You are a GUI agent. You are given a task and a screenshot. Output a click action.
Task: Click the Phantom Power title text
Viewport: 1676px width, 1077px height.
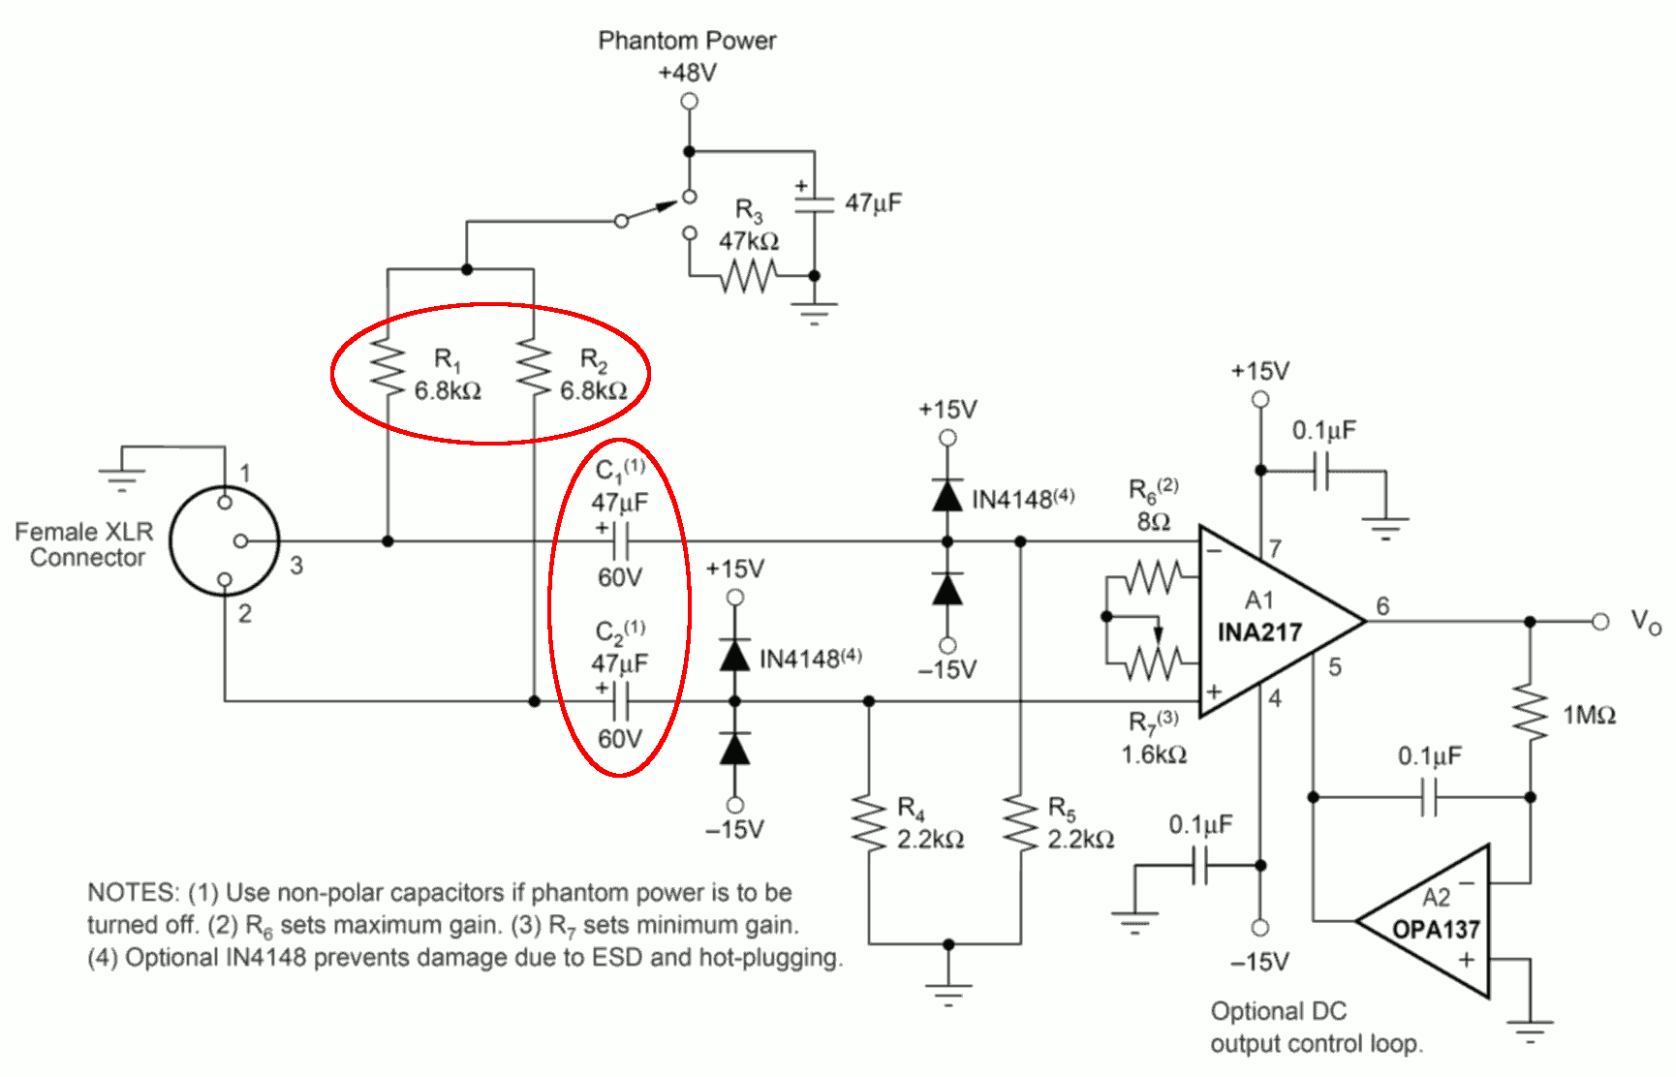tap(687, 41)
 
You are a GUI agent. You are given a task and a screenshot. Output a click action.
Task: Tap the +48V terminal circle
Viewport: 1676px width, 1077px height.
tap(689, 101)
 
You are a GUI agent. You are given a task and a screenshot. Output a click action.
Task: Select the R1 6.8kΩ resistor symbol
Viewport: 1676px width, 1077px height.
tap(388, 367)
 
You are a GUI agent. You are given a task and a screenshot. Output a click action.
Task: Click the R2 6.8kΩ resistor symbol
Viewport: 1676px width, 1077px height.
tap(534, 367)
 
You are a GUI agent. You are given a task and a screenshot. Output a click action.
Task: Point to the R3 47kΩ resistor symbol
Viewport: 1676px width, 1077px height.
tap(746, 277)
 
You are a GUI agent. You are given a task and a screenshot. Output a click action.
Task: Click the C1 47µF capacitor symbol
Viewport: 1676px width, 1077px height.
tap(620, 541)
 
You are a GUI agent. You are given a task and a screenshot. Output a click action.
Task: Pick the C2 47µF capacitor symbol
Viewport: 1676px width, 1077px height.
tap(620, 701)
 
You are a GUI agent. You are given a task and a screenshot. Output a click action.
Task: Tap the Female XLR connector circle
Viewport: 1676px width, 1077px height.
tap(225, 540)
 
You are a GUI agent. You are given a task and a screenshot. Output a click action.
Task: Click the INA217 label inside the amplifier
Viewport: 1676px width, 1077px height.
tap(1259, 632)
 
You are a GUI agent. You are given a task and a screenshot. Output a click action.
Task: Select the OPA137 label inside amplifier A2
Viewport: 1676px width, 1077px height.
tap(1436, 930)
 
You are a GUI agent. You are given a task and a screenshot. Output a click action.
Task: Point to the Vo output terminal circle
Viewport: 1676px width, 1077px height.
tap(1600, 621)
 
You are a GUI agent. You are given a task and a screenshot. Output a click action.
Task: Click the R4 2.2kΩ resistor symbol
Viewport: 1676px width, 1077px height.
tap(869, 824)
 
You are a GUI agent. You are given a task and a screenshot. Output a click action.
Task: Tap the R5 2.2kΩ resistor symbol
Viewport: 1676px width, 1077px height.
tap(1020, 824)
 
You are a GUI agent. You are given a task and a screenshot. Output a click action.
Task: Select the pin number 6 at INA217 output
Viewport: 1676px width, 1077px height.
tap(1382, 606)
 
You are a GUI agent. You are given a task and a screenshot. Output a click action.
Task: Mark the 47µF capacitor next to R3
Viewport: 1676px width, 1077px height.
tap(814, 203)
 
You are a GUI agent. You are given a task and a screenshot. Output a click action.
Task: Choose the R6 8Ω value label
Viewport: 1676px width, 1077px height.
tap(1154, 522)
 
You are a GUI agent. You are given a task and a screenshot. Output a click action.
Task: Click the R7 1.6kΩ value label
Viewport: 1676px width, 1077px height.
tap(1154, 754)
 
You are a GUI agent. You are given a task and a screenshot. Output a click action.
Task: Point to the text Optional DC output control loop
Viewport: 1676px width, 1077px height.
tap(1317, 1028)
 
